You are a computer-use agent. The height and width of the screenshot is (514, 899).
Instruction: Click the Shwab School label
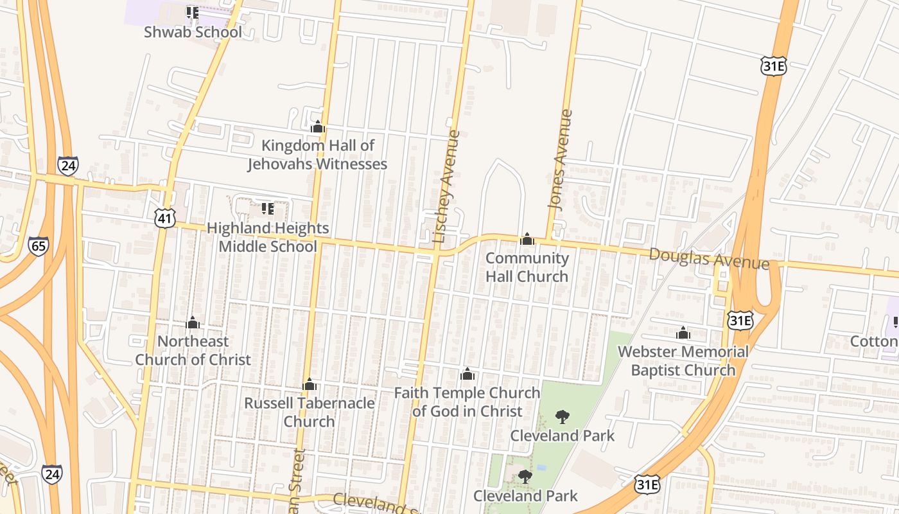pyautogui.click(x=193, y=32)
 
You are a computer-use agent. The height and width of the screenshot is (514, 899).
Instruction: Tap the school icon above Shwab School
pyautogui.click(x=192, y=12)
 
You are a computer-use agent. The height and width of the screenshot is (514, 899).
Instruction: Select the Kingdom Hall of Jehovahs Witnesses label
pyautogui.click(x=317, y=155)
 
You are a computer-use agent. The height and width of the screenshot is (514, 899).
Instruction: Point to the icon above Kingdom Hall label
pyautogui.click(x=317, y=127)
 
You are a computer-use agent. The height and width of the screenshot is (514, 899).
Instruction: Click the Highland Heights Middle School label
pyautogui.click(x=268, y=237)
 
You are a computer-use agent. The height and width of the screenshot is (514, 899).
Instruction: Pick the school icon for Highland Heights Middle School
pyautogui.click(x=268, y=208)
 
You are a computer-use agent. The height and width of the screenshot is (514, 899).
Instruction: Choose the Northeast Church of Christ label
pyautogui.click(x=193, y=350)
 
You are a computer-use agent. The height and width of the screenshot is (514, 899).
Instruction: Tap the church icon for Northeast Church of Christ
pyautogui.click(x=193, y=323)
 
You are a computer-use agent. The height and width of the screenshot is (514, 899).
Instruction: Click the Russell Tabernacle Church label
pyautogui.click(x=310, y=412)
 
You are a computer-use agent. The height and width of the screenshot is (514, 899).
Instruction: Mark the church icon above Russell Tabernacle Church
pyautogui.click(x=310, y=384)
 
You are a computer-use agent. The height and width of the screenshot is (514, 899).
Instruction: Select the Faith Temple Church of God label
pyautogui.click(x=467, y=402)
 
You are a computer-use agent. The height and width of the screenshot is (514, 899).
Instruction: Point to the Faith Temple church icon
pyautogui.click(x=467, y=374)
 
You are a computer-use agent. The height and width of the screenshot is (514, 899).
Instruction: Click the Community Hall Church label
pyautogui.click(x=527, y=267)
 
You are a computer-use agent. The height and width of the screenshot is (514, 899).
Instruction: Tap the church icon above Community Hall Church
pyautogui.click(x=527, y=240)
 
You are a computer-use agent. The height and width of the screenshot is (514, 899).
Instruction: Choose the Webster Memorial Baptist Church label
pyautogui.click(x=683, y=360)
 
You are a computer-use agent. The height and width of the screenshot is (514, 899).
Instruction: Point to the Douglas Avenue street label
pyautogui.click(x=709, y=258)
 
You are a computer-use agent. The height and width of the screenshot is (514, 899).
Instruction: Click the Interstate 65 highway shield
pyautogui.click(x=39, y=246)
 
